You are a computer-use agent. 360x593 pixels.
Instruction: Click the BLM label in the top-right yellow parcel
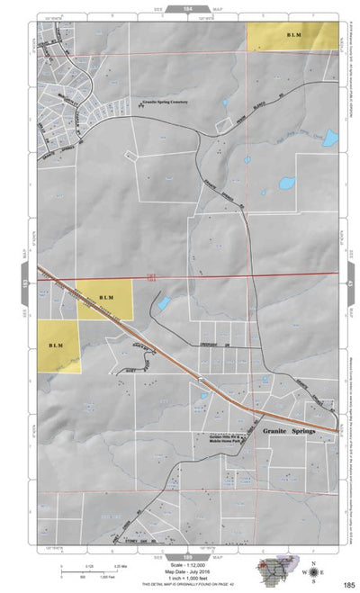pyautogui.click(x=293, y=36)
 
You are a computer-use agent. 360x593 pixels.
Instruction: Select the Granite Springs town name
pyautogui.click(x=287, y=432)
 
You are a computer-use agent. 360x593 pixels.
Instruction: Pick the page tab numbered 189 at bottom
pyautogui.click(x=188, y=532)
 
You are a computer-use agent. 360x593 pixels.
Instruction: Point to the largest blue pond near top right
pyautogui.click(x=330, y=139)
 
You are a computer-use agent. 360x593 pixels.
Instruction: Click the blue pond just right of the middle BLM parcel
pyautogui.click(x=163, y=304)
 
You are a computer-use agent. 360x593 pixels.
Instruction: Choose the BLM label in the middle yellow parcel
pyautogui.click(x=105, y=298)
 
